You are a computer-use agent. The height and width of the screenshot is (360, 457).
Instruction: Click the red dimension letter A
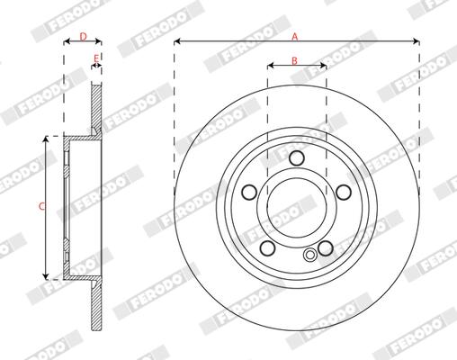pyautogui.click(x=295, y=37)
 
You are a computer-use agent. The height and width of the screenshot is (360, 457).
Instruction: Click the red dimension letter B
pyautogui.click(x=294, y=61)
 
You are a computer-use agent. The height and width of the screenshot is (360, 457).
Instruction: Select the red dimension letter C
pyautogui.click(x=42, y=206)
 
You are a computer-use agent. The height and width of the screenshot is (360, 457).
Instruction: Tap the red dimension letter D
pyautogui.click(x=84, y=37)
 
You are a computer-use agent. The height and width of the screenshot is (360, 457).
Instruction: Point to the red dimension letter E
pyautogui.click(x=96, y=58)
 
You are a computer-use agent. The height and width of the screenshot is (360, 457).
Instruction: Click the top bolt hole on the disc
pyautogui.click(x=297, y=158)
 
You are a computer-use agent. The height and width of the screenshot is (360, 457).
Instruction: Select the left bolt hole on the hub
pyautogui.click(x=249, y=193)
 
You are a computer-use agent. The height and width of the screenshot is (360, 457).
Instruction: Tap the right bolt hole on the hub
pyautogui.click(x=344, y=193)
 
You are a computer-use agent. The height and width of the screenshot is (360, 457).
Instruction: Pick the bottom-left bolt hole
pyautogui.click(x=267, y=247)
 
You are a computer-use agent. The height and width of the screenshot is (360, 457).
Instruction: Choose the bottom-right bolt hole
pyautogui.click(x=326, y=248)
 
